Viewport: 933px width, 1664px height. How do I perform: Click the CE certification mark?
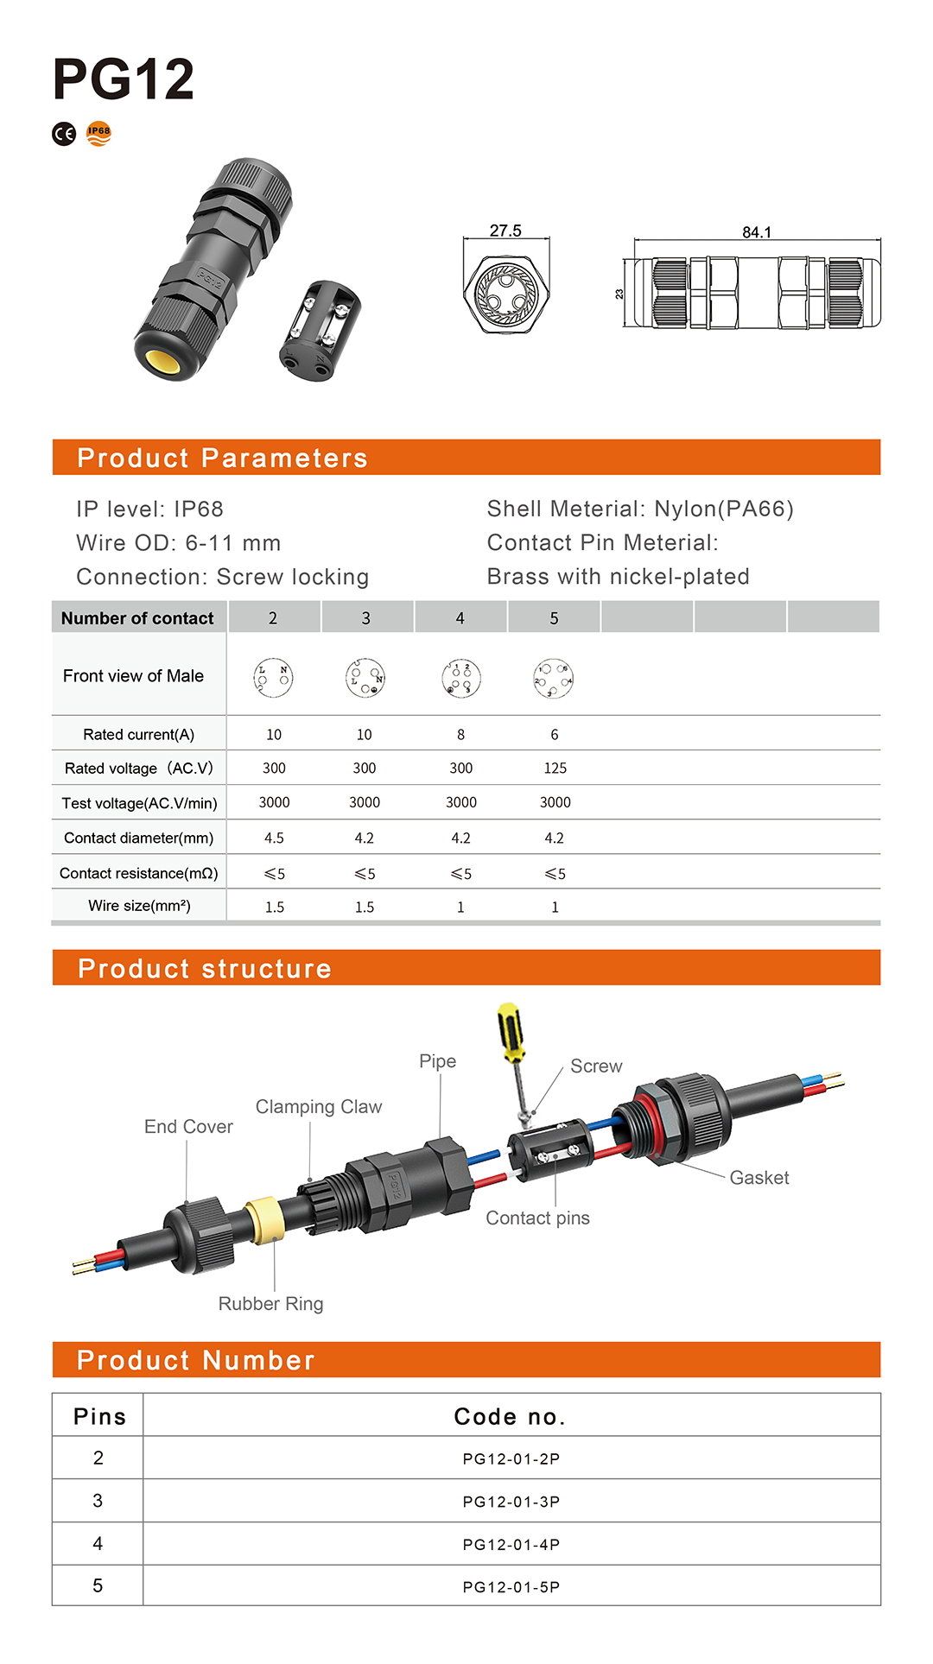click(x=64, y=134)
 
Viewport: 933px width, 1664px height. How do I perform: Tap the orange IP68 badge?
click(x=98, y=133)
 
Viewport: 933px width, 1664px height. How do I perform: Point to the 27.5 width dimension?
click(x=505, y=231)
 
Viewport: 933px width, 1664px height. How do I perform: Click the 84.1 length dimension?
click(x=757, y=232)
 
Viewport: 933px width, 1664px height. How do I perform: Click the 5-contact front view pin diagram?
click(x=554, y=679)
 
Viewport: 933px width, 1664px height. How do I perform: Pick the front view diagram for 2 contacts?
click(x=273, y=678)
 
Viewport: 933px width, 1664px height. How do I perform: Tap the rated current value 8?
click(x=460, y=735)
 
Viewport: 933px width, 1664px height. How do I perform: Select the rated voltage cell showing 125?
click(x=555, y=769)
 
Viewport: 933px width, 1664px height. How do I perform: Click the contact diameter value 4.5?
click(x=274, y=838)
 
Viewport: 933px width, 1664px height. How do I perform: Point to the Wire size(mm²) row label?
click(x=139, y=906)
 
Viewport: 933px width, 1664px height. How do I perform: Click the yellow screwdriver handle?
click(x=511, y=1032)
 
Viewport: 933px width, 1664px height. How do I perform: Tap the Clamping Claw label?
click(x=318, y=1107)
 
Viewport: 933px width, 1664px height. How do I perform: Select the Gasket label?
click(x=759, y=1178)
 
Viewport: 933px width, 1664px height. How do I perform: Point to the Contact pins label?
click(x=537, y=1218)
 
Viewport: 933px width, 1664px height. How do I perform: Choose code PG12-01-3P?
click(x=511, y=1502)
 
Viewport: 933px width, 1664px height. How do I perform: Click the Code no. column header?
click(x=510, y=1417)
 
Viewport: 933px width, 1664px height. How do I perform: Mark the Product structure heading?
click(x=205, y=969)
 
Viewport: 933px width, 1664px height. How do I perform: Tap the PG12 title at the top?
click(x=124, y=79)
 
